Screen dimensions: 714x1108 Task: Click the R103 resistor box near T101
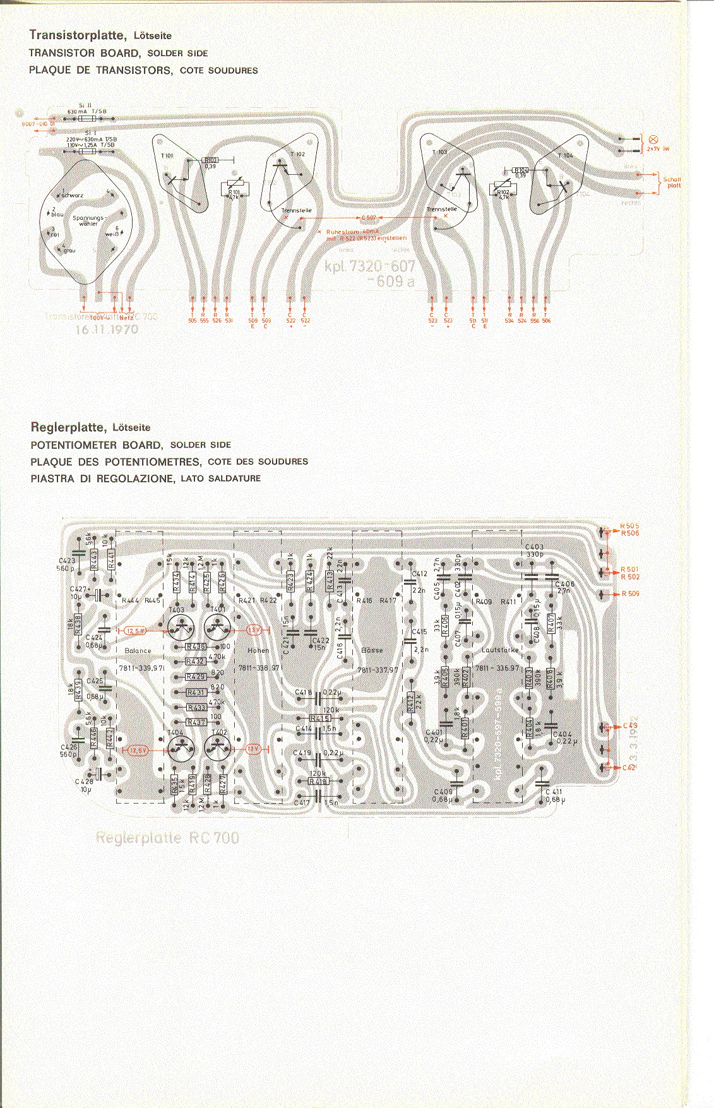tap(211, 160)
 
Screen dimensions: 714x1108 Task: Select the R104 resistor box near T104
tap(521, 170)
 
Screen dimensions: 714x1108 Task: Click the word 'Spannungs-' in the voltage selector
tap(88, 218)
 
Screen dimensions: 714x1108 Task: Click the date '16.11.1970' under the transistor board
tap(107, 329)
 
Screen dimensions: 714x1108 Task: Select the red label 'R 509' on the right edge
tap(630, 593)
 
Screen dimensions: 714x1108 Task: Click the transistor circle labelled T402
tap(219, 749)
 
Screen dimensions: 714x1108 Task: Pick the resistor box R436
tap(196, 647)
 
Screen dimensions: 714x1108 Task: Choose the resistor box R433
tap(196, 708)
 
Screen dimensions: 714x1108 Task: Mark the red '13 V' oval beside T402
tap(253, 749)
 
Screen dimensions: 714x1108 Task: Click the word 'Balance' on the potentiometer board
tap(138, 650)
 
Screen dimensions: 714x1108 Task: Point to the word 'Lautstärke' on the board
tap(499, 649)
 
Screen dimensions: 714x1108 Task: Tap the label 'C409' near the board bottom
tap(443, 792)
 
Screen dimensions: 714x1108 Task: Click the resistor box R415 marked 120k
tap(320, 718)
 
